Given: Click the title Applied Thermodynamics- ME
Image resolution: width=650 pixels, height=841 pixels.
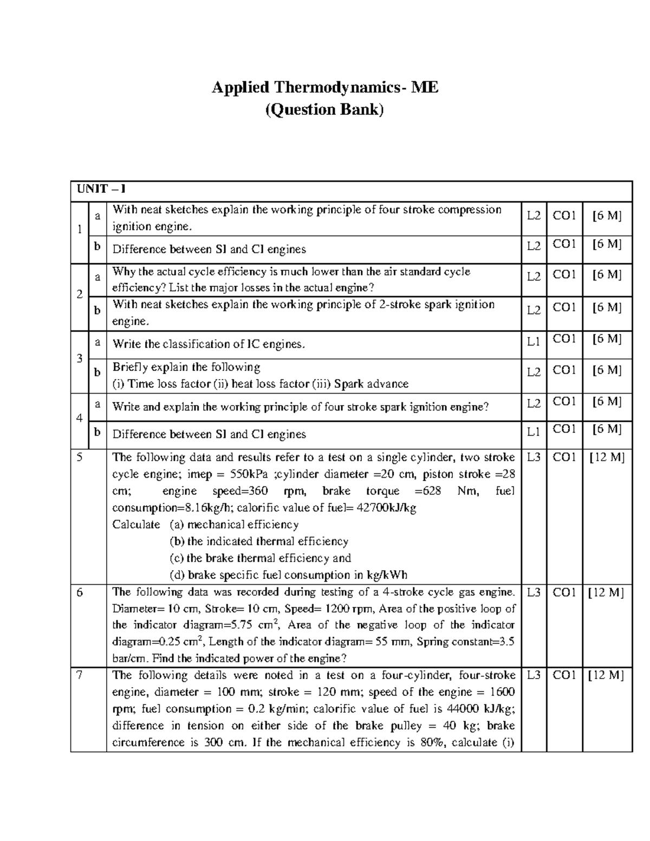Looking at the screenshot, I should pos(324,87).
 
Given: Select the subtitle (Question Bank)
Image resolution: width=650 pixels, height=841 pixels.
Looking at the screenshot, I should pos(324,110).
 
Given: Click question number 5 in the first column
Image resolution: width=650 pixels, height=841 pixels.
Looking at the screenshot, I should pos(80,457).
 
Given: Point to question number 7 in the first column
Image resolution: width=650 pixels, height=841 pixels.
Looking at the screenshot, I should pos(80,675).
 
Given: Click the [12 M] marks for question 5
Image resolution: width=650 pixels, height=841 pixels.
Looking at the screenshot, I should pos(607,458).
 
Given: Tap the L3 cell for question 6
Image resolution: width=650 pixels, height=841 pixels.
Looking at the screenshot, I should pos(534,592).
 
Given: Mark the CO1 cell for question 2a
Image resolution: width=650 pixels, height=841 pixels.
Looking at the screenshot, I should pos(564,275).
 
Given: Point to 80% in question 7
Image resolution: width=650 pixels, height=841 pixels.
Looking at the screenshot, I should pos(432,742).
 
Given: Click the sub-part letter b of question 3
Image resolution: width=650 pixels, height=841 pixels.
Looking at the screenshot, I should pos(97,372).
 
